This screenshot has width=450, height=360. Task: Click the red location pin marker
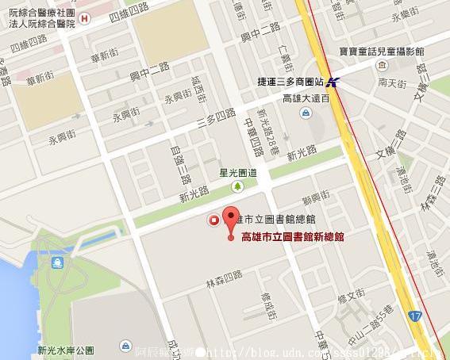(x=230, y=220)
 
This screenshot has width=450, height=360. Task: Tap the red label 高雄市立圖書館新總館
(x=293, y=236)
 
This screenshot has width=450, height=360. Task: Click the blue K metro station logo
(x=336, y=81)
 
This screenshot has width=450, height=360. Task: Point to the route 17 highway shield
(x=417, y=316)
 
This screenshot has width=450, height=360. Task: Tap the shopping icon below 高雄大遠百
(x=306, y=113)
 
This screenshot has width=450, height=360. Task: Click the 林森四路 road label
(x=224, y=278)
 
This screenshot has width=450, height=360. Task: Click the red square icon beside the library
(x=213, y=220)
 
